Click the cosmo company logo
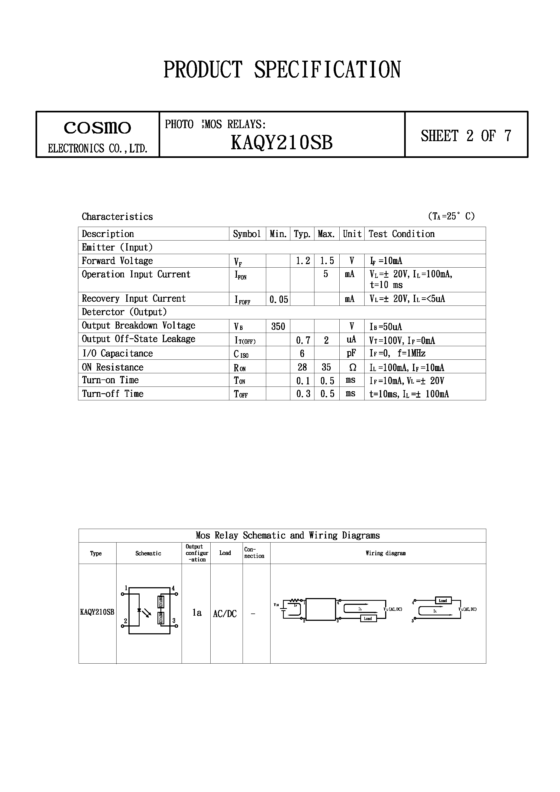(97, 128)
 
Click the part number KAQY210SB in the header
(281, 142)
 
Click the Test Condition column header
(401, 234)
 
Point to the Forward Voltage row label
(117, 261)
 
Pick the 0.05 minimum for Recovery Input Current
(278, 299)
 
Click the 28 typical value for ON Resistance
(302, 367)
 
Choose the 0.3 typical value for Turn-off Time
(303, 394)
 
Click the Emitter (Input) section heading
(117, 247)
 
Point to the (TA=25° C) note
(451, 216)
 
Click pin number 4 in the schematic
(173, 588)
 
